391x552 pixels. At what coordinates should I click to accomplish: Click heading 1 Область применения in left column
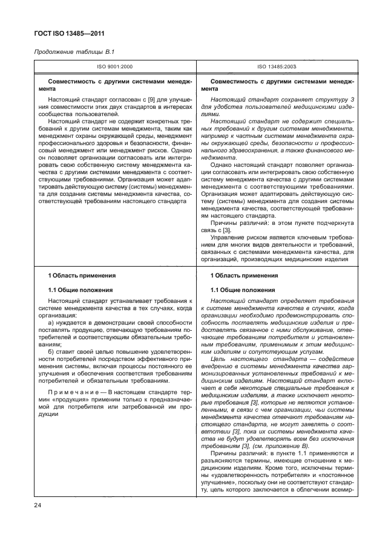(78, 275)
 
